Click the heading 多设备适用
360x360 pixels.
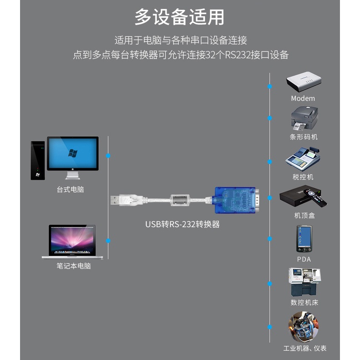point(179,18)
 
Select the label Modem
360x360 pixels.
point(303,98)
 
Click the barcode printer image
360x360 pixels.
point(304,118)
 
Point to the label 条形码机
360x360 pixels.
point(304,137)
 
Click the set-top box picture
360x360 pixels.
point(303,197)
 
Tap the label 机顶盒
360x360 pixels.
point(304,216)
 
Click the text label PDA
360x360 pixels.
point(303,259)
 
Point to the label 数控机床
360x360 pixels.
point(304,302)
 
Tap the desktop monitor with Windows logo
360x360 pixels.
point(72,154)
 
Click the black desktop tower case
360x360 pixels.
point(38,160)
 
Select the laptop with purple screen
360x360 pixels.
point(72,240)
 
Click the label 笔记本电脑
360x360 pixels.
point(73,266)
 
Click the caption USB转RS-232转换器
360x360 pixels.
point(182,224)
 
